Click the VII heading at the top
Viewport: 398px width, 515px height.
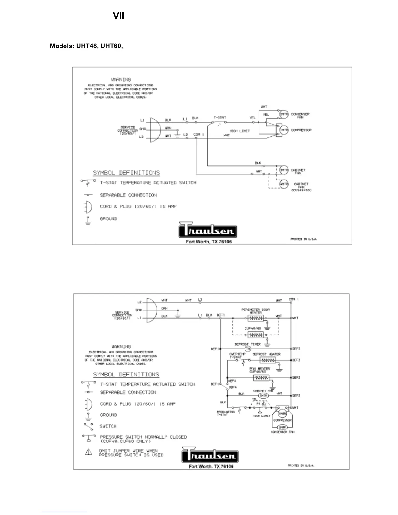click(x=118, y=16)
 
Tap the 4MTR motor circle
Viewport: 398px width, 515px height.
click(x=284, y=184)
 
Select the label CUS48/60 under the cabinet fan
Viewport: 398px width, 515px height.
click(x=301, y=190)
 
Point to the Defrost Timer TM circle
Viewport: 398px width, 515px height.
click(x=248, y=349)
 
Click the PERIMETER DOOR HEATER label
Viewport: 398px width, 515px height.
click(x=256, y=311)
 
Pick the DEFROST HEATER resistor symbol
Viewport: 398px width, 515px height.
click(x=268, y=360)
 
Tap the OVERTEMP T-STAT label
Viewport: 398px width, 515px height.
click(x=237, y=356)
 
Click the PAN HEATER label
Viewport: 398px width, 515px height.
click(x=259, y=370)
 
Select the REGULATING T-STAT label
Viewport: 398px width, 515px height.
click(x=226, y=413)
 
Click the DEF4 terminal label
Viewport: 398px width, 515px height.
click(x=232, y=387)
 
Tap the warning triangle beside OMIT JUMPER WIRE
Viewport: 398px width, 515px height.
click(x=88, y=452)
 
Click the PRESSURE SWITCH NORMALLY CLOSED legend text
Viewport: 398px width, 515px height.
click(x=143, y=437)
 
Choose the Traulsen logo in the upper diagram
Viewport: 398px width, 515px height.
click(x=208, y=230)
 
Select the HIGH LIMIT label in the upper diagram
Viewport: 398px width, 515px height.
click(x=240, y=131)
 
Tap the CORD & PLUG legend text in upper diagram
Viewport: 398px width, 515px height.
click(x=138, y=206)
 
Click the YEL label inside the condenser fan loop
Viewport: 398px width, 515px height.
click(x=266, y=114)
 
